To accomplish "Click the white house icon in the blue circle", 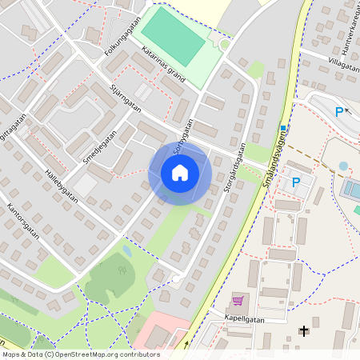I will coord(180,173).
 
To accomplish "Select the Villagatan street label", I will coord(342,63).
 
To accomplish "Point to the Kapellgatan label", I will coord(245,318).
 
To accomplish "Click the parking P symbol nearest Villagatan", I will coord(339,112).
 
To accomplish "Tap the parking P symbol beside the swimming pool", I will coord(296,182).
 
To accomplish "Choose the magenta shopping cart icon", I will coord(238,301).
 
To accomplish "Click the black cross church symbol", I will coord(303,330).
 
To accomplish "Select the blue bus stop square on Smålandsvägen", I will coord(283,129).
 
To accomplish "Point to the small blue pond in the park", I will coord(127,251).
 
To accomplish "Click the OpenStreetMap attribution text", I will coord(80,354).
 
